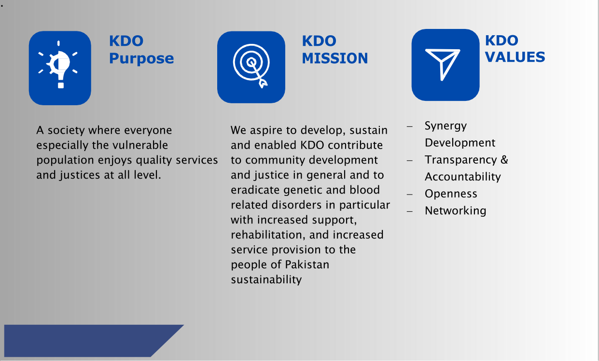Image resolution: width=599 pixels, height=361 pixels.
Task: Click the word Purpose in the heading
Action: tap(141, 59)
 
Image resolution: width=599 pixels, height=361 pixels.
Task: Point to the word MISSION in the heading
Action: tap(335, 58)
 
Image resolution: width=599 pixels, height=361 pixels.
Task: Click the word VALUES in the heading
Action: tap(515, 57)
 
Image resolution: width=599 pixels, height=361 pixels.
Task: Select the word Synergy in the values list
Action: tap(446, 126)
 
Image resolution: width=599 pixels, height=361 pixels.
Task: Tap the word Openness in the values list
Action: tap(451, 194)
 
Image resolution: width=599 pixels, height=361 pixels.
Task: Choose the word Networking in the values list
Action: tap(455, 211)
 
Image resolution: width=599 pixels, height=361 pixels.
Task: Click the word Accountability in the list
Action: tap(463, 177)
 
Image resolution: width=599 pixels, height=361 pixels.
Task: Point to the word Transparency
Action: tap(461, 160)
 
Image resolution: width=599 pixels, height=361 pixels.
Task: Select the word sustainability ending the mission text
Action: tap(266, 280)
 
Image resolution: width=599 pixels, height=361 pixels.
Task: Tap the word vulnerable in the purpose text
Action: tap(140, 145)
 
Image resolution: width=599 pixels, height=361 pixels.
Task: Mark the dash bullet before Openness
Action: tap(410, 194)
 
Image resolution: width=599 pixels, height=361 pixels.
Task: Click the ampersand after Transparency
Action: tap(504, 160)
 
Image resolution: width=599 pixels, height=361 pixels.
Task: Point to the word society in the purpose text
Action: tap(66, 131)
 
